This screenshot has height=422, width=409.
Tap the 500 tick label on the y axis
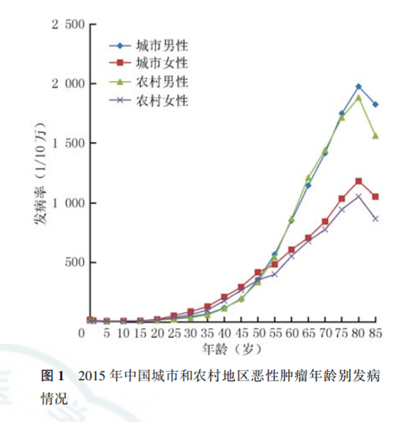[73, 263]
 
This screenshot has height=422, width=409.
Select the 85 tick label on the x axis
[376, 333]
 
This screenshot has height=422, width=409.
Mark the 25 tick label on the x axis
[173, 333]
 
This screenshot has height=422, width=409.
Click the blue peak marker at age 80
[359, 86]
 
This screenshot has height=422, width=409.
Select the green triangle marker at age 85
[375, 135]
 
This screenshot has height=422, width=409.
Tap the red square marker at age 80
[359, 182]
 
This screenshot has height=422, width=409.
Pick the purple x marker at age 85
[375, 219]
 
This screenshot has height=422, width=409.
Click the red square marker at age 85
[375, 197]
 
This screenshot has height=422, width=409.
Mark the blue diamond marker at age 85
[375, 104]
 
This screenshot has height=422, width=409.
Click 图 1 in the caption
[52, 376]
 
